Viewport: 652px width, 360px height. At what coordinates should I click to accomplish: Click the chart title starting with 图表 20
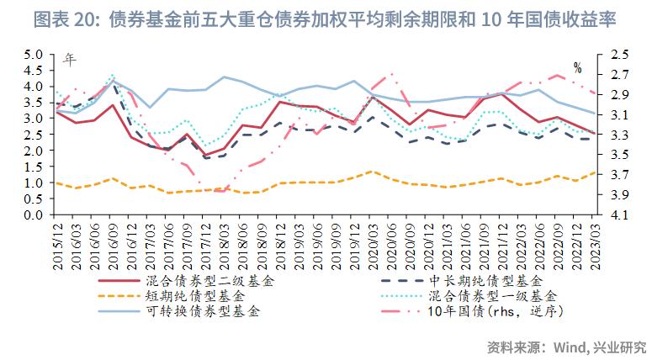325,22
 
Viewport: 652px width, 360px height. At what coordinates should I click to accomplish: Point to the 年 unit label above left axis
71,60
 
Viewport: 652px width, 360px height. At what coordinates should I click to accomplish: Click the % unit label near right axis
577,67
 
